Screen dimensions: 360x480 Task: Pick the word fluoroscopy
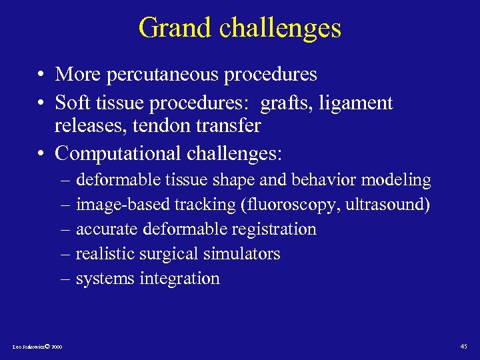coord(289,205)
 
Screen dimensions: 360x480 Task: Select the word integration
coord(179,279)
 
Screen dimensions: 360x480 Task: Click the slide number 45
coord(464,346)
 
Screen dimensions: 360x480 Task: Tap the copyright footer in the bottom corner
coord(37,347)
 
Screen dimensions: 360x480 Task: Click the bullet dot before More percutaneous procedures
coord(41,75)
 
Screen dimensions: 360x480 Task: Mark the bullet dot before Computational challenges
coord(41,155)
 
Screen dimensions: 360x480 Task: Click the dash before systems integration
coord(66,279)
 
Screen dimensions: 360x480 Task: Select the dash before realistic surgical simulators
coord(66,254)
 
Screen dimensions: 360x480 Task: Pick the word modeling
coord(398,180)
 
